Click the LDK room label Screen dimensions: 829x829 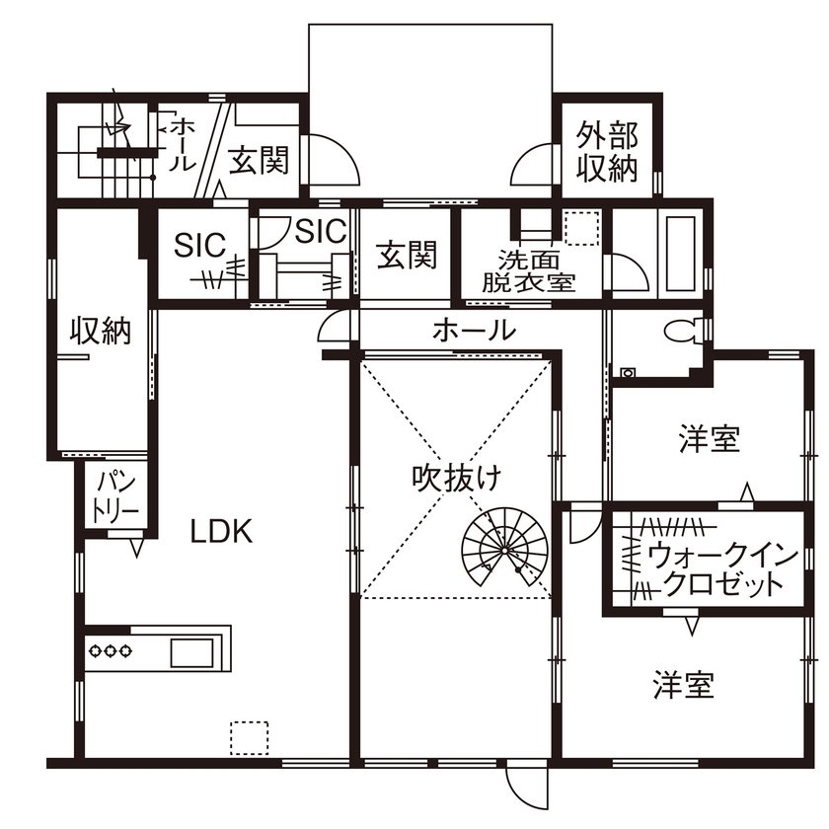click(x=222, y=532)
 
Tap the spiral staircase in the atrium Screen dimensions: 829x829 click(x=505, y=548)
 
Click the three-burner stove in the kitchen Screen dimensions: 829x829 click(x=111, y=650)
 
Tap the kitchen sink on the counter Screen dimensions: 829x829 click(x=191, y=651)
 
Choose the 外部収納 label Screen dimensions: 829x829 click(x=607, y=151)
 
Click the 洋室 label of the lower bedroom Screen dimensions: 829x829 click(x=683, y=684)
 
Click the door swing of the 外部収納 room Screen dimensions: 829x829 click(x=533, y=163)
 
